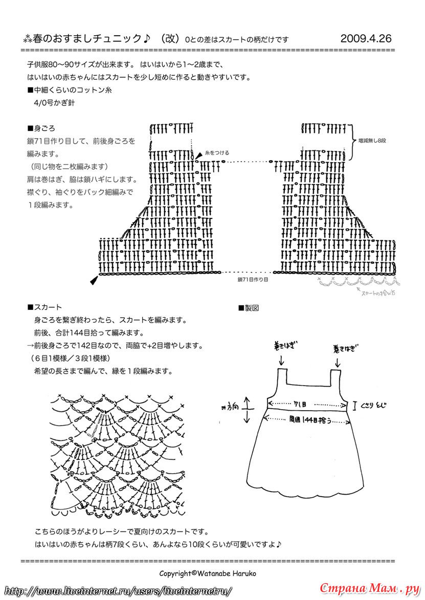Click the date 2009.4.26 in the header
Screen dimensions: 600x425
coord(365,38)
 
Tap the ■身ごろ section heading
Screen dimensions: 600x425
coord(41,128)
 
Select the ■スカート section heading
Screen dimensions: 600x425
coord(44,307)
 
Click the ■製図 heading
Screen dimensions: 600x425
coord(249,308)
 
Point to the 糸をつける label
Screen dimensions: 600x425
coord(217,152)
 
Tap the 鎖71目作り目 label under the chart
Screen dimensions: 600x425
coord(253,280)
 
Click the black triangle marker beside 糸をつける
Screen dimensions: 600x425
coord(198,155)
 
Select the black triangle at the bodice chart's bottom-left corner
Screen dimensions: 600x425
coord(93,280)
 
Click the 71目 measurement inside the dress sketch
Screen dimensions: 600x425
coord(300,404)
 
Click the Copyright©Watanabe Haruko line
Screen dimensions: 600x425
coord(208,573)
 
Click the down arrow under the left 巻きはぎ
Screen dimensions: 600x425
coord(281,361)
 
